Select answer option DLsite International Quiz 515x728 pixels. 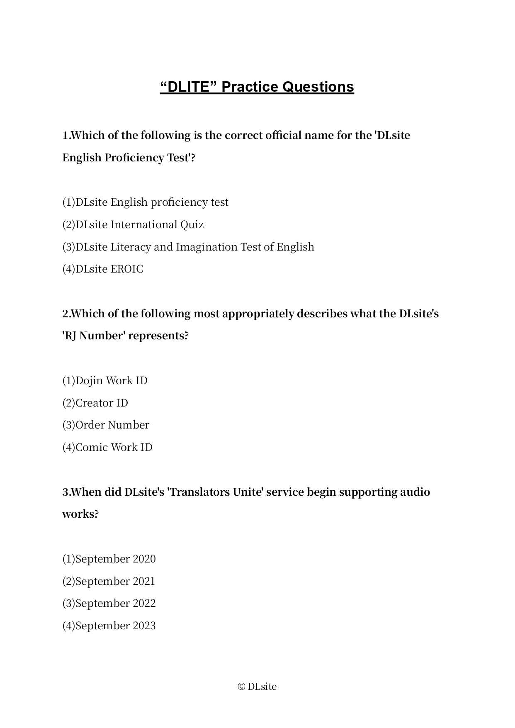[133, 225]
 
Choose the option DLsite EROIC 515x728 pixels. [103, 269]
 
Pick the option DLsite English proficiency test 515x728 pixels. [145, 202]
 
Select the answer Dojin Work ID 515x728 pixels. [105, 381]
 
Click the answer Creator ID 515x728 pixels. [95, 403]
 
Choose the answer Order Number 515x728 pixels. [106, 425]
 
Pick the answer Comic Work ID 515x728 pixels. [107, 448]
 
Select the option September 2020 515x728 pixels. [109, 559]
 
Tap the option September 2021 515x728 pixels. [109, 582]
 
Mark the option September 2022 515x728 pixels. [109, 604]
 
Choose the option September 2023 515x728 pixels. [109, 626]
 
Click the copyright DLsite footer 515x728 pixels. [257, 687]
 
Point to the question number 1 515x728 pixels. [65, 136]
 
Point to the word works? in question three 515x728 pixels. [80, 514]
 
